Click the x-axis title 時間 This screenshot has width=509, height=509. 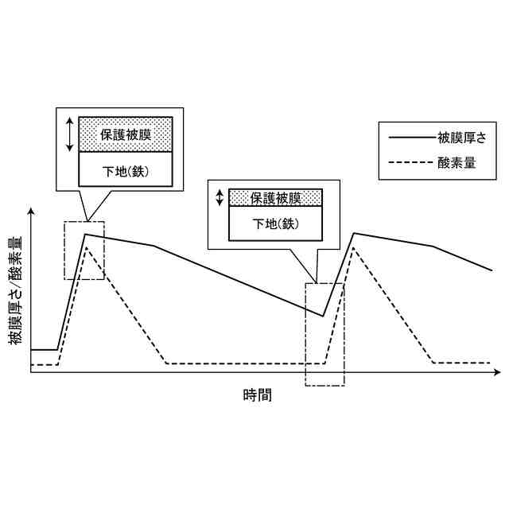pyautogui.click(x=257, y=394)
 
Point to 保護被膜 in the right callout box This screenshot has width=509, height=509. pyautogui.click(x=275, y=197)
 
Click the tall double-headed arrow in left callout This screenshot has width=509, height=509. pyautogui.click(x=69, y=134)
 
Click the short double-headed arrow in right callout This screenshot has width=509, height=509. pyautogui.click(x=220, y=197)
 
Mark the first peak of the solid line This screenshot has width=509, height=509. pyautogui.click(x=85, y=234)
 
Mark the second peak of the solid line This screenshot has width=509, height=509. pyautogui.click(x=353, y=233)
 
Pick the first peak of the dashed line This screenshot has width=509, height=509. pyautogui.click(x=86, y=249)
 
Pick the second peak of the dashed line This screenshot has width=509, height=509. pyautogui.click(x=353, y=248)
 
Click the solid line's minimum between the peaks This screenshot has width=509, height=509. pyautogui.click(x=323, y=316)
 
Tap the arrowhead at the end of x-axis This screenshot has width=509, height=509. pyautogui.click(x=497, y=372)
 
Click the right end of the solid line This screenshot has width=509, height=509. pyautogui.click(x=492, y=270)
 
